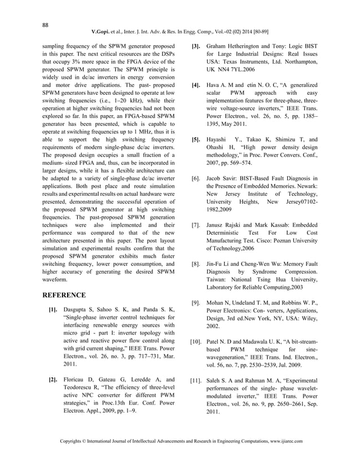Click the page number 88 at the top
46,24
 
